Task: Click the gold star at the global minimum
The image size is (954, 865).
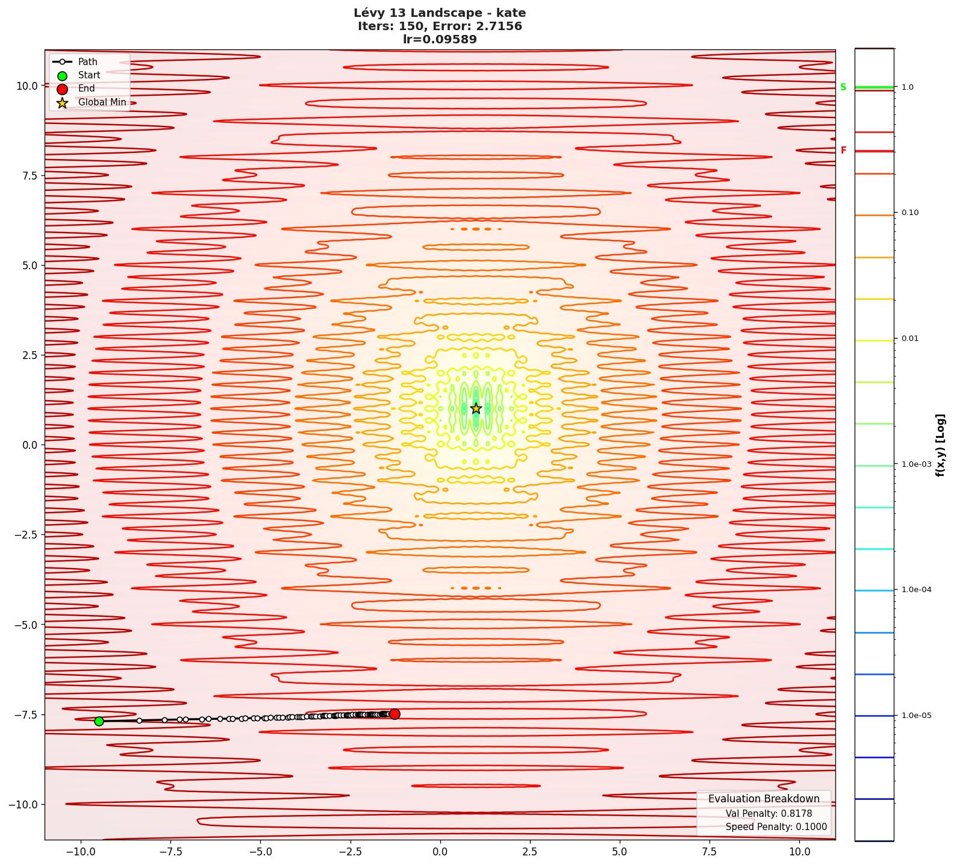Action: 476,408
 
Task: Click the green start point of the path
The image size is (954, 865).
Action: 99,721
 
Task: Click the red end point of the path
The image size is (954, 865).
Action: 394,714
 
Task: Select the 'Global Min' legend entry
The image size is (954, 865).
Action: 102,102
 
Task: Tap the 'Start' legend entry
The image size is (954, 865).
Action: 89,75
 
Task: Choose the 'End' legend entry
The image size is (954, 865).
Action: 86,89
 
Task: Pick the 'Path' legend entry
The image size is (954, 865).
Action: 87,62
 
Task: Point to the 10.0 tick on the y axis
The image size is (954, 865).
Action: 26,86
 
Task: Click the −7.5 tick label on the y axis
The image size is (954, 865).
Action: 25,714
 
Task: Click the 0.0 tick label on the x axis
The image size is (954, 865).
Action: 440,852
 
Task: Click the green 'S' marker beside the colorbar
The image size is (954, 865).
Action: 843,87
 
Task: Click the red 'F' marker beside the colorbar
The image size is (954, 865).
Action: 843,151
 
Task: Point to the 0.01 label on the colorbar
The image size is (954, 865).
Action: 910,339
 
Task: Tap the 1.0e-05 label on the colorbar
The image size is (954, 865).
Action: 916,716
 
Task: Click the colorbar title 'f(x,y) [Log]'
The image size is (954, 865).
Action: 940,445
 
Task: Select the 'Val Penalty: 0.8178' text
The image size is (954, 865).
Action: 768,814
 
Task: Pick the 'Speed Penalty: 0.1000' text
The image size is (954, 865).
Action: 776,827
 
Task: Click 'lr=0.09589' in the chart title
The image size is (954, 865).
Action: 440,40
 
